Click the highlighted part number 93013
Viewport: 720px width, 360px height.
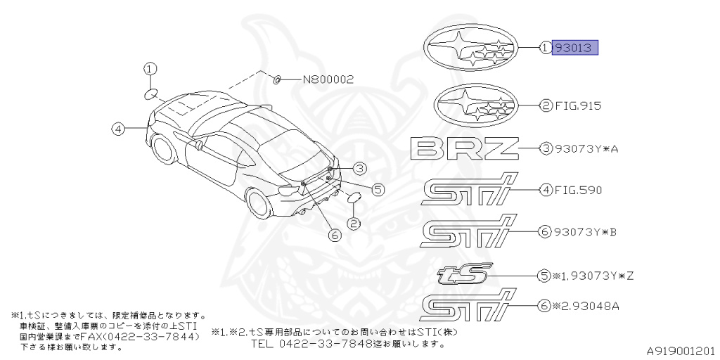(x=575, y=48)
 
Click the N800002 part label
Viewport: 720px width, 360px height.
(x=328, y=79)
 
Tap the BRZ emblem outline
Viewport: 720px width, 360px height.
(x=464, y=148)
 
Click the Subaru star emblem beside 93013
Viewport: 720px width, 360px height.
(x=470, y=49)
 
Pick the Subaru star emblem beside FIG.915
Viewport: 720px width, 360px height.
(x=476, y=106)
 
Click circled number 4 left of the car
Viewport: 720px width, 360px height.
(x=117, y=128)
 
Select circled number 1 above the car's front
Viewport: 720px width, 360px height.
(x=150, y=68)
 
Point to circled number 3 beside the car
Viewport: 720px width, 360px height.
(x=359, y=168)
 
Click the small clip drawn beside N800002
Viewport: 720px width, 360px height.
(x=277, y=79)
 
